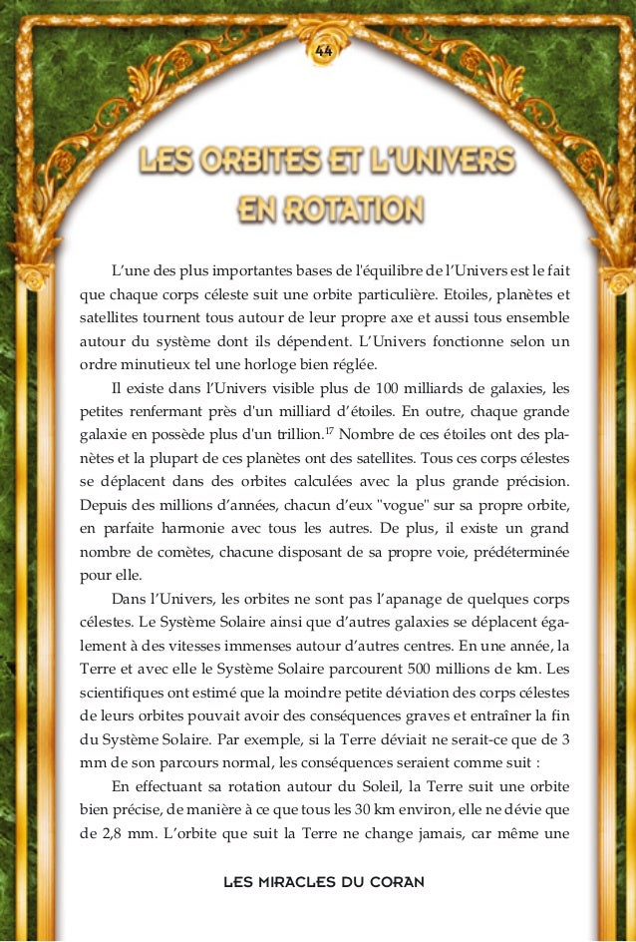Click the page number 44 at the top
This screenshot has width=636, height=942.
click(322, 51)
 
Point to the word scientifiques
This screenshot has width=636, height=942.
click(124, 694)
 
